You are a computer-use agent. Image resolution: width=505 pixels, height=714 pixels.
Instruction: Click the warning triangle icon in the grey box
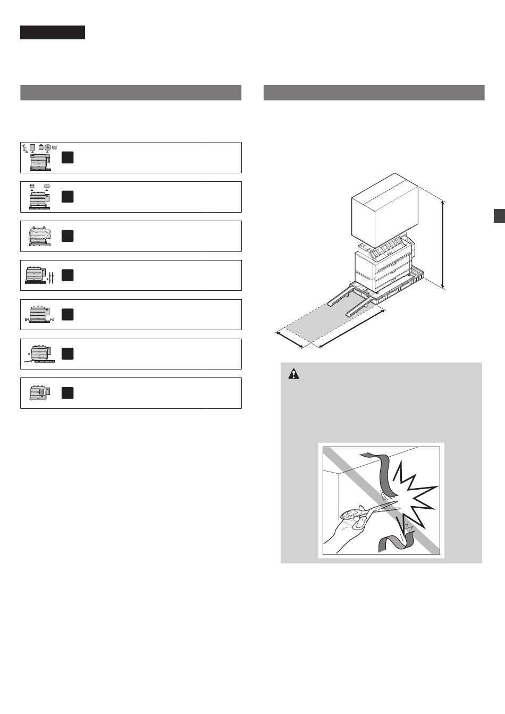click(293, 374)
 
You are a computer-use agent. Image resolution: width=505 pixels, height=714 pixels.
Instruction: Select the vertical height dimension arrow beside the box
click(443, 245)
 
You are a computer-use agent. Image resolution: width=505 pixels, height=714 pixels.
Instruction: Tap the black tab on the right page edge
click(499, 215)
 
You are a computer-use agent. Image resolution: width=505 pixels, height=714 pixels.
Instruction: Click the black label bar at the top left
click(53, 32)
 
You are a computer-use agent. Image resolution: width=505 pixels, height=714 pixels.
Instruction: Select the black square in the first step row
click(67, 157)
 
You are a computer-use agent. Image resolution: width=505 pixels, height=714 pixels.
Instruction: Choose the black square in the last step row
click(67, 393)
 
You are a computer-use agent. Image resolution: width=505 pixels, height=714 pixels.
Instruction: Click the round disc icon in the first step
click(48, 147)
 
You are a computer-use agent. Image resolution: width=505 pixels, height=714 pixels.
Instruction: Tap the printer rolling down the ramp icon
click(38, 354)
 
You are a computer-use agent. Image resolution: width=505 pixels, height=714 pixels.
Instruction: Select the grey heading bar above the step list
click(131, 93)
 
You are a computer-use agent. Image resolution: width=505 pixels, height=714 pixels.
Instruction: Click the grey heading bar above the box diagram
click(374, 93)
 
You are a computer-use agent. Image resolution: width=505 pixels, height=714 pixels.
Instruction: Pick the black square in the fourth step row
click(67, 275)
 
